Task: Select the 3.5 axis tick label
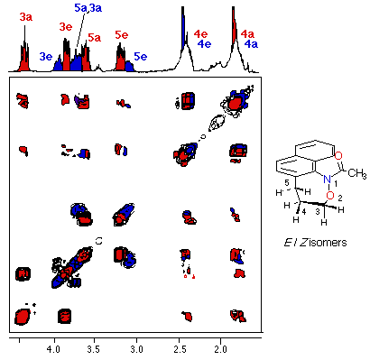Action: (x=94, y=350)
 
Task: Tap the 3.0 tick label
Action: (x=136, y=350)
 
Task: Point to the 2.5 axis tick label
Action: (x=179, y=350)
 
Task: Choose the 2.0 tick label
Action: (x=221, y=350)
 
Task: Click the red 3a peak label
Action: (x=26, y=17)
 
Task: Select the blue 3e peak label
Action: (x=46, y=57)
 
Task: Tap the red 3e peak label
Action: (x=66, y=27)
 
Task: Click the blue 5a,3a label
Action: (x=88, y=8)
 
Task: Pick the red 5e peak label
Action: (x=122, y=35)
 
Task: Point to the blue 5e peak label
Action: (x=141, y=57)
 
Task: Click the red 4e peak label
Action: (x=200, y=34)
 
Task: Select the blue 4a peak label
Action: (x=251, y=44)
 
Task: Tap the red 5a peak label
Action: (x=95, y=38)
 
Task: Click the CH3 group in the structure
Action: (x=357, y=173)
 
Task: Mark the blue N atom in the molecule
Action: (x=327, y=180)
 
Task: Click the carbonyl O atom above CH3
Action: (x=338, y=156)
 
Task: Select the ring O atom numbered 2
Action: (x=330, y=196)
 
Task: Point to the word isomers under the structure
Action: (x=328, y=242)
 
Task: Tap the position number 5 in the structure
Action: (x=287, y=183)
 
